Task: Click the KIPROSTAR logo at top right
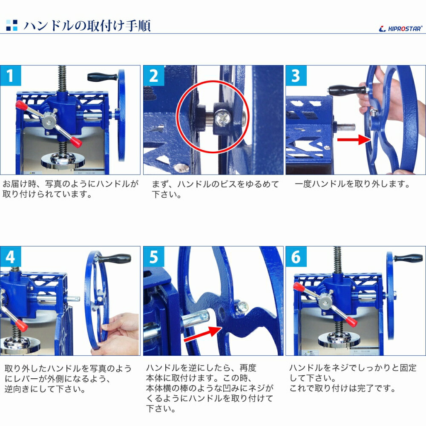pyautogui.click(x=400, y=29)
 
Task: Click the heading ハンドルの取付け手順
pyautogui.click(x=87, y=25)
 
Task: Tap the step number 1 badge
pyautogui.click(x=11, y=76)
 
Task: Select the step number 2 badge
pyautogui.click(x=154, y=76)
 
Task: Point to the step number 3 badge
pyautogui.click(x=296, y=76)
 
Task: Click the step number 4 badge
pyautogui.click(x=11, y=257)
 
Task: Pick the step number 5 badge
pyautogui.click(x=154, y=257)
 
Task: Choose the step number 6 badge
pyautogui.click(x=296, y=257)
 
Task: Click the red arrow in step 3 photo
pyautogui.click(x=354, y=139)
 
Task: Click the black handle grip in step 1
pyautogui.click(x=102, y=77)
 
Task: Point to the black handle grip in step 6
pyautogui.click(x=408, y=258)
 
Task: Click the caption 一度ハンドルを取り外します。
pyautogui.click(x=352, y=184)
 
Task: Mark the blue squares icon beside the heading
pyautogui.click(x=12, y=25)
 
